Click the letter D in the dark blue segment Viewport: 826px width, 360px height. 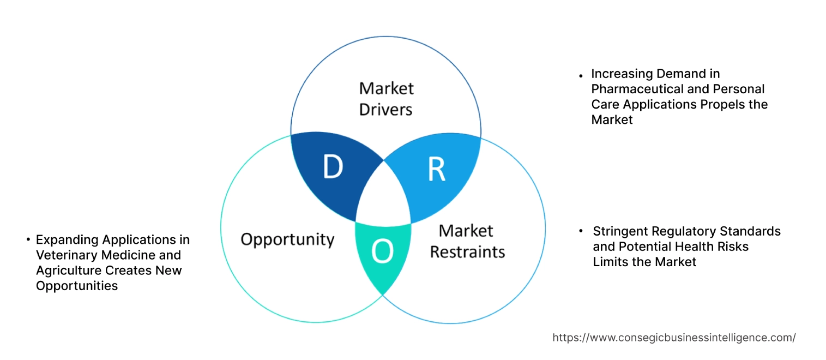(333, 167)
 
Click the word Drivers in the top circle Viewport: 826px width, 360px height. (385, 110)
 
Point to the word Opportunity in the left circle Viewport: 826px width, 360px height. (287, 239)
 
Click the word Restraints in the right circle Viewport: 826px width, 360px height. (467, 252)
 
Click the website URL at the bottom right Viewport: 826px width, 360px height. (674, 338)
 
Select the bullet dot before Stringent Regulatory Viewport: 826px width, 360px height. (582, 231)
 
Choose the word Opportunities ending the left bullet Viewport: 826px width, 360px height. (77, 286)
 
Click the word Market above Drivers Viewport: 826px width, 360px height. (385, 88)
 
